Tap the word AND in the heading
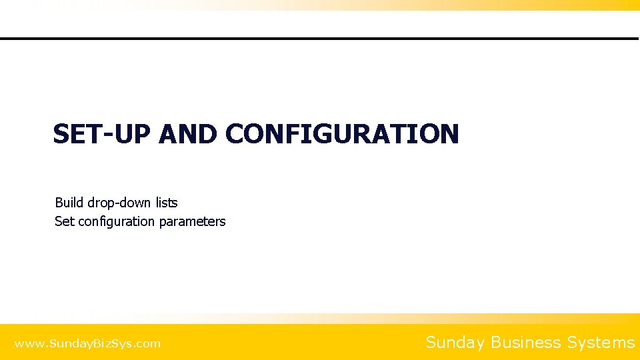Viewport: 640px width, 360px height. click(188, 134)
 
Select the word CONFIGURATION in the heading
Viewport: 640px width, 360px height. click(342, 134)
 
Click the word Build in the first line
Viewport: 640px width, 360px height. click(69, 202)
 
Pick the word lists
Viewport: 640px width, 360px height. click(167, 202)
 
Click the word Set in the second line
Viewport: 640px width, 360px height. click(65, 221)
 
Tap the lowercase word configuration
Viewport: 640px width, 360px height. click(117, 222)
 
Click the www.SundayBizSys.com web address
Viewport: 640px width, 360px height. click(87, 344)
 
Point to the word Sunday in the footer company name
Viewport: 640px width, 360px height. click(455, 343)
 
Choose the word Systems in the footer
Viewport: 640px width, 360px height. click(601, 343)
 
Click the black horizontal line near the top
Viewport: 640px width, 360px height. click(320, 39)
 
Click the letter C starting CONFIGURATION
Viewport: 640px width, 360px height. click(234, 134)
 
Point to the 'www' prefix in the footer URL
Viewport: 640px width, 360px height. click(27, 344)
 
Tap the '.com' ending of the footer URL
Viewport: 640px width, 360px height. click(149, 344)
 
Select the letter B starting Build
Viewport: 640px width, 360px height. click(59, 202)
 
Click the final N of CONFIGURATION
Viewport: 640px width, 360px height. click(449, 134)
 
